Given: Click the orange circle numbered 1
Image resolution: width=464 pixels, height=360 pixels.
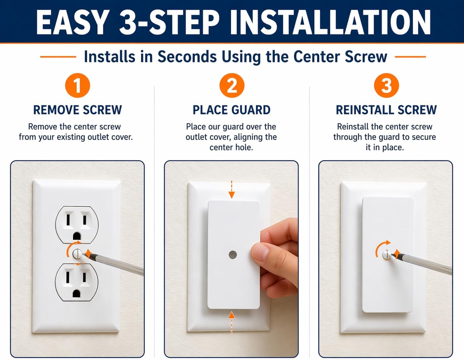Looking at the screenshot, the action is coord(77,85).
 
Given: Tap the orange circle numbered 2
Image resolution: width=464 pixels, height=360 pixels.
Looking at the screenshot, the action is coord(232,85).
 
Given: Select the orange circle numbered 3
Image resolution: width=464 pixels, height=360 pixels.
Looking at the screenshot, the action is coord(387,85).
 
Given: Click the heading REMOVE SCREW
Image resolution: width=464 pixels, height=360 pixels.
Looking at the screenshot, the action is coord(77,110).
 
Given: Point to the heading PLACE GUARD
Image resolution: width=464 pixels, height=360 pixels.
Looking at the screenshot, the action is coord(232,110).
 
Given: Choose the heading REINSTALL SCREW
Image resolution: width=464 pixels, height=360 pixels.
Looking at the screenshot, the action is coord(386,110).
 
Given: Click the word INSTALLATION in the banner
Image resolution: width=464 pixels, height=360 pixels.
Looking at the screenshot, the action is coord(330,22).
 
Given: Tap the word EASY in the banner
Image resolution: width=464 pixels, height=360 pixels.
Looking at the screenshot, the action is coord(71,22).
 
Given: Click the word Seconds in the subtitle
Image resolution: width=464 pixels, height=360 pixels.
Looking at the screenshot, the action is coord(187,57).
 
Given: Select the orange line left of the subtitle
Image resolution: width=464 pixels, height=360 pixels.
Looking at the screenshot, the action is coord(58,57).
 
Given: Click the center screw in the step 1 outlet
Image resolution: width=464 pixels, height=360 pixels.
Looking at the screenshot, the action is coord(77,254).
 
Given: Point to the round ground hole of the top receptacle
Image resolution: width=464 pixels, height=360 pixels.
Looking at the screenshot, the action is coord(77,236).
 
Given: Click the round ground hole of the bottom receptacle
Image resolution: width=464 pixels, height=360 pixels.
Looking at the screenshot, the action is coord(76,293).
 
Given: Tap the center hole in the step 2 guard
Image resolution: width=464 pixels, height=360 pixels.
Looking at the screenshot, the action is coord(233,255).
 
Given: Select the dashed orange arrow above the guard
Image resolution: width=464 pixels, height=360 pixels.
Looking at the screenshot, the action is coord(232,189).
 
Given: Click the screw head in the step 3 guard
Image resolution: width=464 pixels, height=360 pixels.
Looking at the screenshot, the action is coord(387,254).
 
